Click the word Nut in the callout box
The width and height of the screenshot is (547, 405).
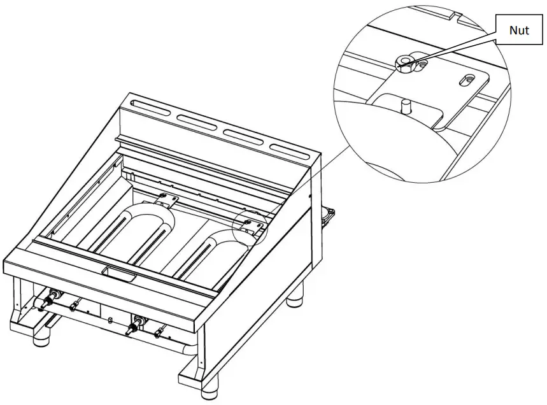tap(519, 30)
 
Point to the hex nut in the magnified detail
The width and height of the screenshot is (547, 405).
tap(404, 62)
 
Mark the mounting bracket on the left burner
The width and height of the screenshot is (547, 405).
tap(166, 200)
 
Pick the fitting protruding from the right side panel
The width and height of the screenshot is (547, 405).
tap(329, 216)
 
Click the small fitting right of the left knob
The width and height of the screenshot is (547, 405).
tap(75, 306)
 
